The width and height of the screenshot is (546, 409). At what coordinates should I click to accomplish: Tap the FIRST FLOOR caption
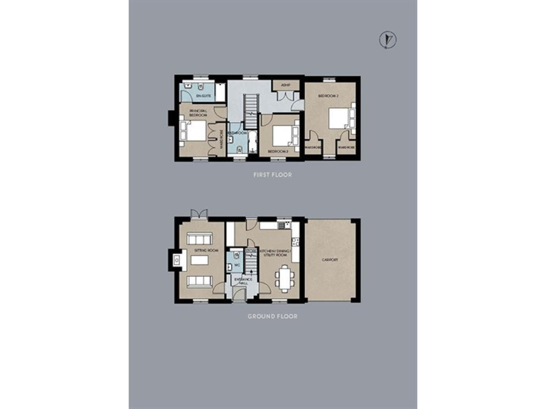tap(272, 175)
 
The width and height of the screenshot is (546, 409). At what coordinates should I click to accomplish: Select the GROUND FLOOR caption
tap(272, 316)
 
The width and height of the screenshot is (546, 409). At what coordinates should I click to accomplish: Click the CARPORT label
tap(329, 260)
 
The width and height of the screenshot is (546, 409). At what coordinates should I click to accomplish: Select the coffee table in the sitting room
tap(198, 261)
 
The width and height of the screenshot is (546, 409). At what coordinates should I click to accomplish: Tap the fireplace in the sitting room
tap(175, 261)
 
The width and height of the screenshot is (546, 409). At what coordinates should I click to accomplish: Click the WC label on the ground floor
tap(236, 266)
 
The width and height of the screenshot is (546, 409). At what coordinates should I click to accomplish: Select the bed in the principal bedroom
tap(194, 131)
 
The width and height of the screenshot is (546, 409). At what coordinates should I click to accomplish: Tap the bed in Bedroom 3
tap(286, 134)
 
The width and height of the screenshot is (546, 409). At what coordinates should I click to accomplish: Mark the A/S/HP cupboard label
tap(285, 86)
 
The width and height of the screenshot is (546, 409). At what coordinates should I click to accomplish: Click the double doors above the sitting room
tap(198, 213)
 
